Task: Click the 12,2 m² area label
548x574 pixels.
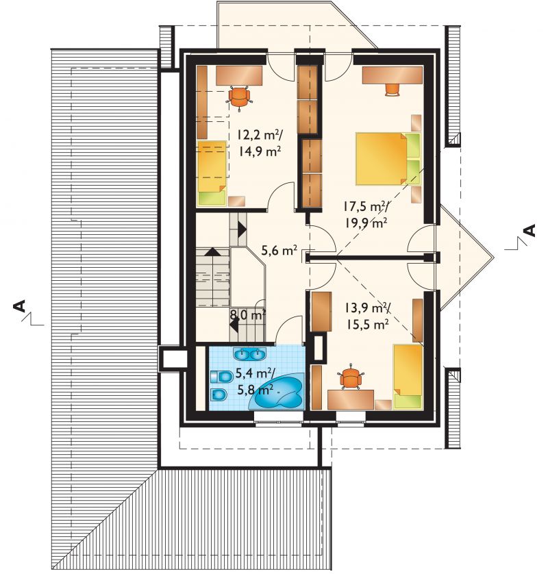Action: [258, 136]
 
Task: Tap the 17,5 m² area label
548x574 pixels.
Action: [365, 206]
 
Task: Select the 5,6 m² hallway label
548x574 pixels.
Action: [279, 251]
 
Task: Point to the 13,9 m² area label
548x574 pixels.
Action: [366, 309]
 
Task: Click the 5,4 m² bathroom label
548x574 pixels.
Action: [255, 373]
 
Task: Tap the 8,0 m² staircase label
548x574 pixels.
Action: [247, 314]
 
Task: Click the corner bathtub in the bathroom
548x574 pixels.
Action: [277, 392]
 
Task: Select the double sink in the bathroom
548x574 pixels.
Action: [249, 354]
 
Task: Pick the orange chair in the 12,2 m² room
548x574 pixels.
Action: [240, 97]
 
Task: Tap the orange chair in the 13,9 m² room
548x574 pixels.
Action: [351, 377]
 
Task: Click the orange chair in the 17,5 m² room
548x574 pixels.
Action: [392, 89]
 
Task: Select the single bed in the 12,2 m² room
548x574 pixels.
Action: [212, 173]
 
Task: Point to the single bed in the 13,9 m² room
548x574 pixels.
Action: [408, 377]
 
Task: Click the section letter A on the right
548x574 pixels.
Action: [530, 230]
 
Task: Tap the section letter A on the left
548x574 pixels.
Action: [18, 306]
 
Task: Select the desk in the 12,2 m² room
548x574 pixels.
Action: [239, 76]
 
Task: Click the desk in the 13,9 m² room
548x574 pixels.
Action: [350, 399]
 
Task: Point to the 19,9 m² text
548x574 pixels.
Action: [366, 222]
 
